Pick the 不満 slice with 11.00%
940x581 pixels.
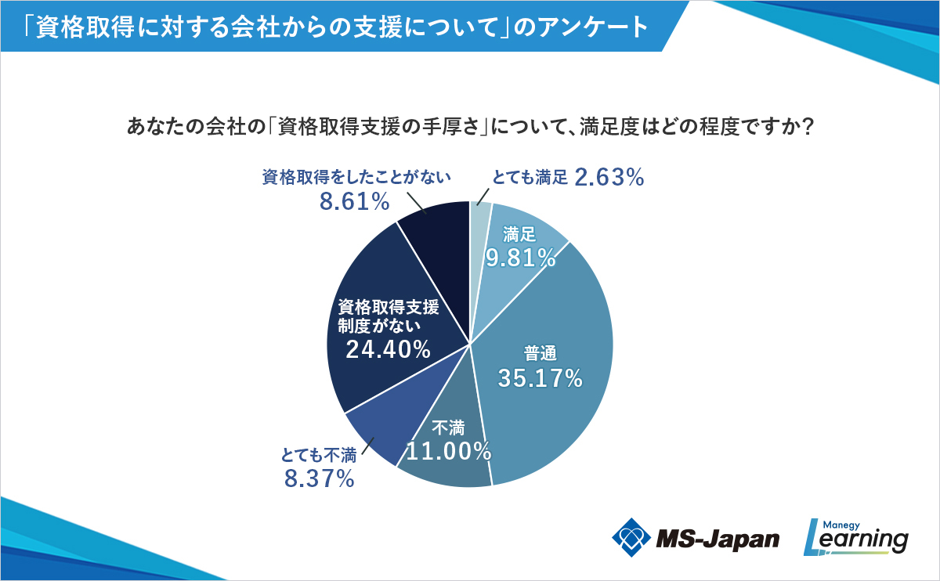[x=446, y=462]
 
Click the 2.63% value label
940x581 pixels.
[x=609, y=179]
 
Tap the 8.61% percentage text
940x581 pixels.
[x=354, y=202]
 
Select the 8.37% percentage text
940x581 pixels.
[x=320, y=478]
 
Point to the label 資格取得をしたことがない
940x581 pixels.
[x=356, y=178]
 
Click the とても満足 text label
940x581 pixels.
[x=529, y=179]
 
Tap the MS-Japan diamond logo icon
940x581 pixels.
[x=631, y=537]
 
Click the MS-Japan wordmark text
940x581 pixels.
[x=718, y=539]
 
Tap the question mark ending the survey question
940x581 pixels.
[x=806, y=127]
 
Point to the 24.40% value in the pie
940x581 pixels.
[x=388, y=349]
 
